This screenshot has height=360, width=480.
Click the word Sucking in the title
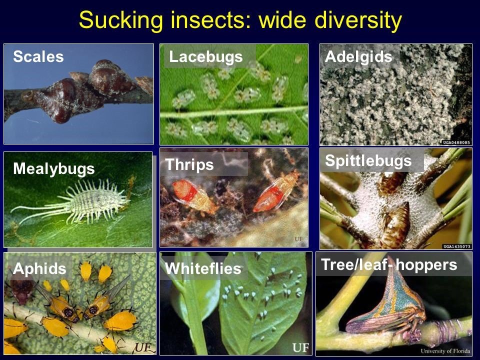point(121,20)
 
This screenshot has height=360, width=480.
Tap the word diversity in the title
point(358,20)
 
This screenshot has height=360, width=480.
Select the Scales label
point(38,56)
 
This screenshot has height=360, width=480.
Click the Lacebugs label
point(205,57)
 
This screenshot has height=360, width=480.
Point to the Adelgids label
point(358,57)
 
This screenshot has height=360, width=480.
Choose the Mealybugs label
point(54,169)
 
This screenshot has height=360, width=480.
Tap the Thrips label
point(189,164)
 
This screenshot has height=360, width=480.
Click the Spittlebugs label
point(368,161)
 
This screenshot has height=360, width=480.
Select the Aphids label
point(39,268)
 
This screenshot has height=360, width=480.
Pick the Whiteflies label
point(203,268)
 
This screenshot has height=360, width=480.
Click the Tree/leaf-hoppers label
point(389,265)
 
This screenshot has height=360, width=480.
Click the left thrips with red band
point(191,195)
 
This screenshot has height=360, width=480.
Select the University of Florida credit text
point(445,351)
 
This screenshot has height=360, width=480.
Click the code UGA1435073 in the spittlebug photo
point(456,246)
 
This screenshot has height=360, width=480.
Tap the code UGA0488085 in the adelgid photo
point(456,142)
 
